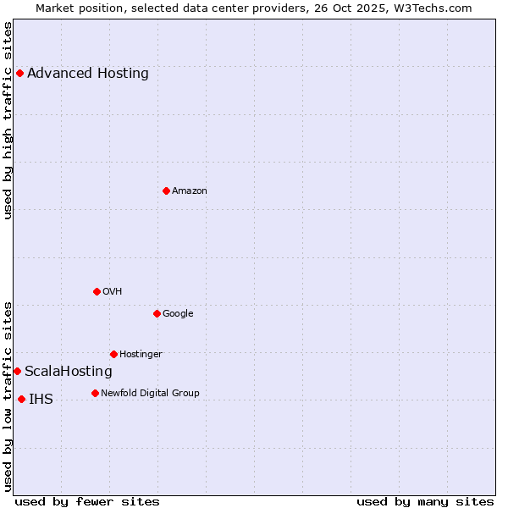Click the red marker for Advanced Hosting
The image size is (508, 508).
pos(19,73)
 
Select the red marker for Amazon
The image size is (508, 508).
pos(166,190)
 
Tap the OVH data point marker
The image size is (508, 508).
pos(97,291)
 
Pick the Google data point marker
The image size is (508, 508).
pos(157,313)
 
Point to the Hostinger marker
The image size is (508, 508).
pos(113,354)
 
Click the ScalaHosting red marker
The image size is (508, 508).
pos(17,371)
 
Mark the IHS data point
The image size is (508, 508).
pos(21,399)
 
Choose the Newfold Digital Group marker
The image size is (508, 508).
pos(95,393)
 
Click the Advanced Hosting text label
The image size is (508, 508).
pos(88,73)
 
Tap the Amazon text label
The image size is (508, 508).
pos(190,190)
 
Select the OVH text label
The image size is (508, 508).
pos(113,291)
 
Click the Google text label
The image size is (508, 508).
pos(178,313)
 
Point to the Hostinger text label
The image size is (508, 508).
pos(141,354)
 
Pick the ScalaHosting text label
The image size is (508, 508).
pos(69,371)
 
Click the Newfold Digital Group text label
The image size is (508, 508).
pos(150,393)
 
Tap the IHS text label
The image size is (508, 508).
pos(41,399)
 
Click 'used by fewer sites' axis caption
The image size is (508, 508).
pos(87,501)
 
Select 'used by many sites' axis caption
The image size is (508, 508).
pos(425,501)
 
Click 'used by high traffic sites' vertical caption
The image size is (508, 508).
pos(8,120)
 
